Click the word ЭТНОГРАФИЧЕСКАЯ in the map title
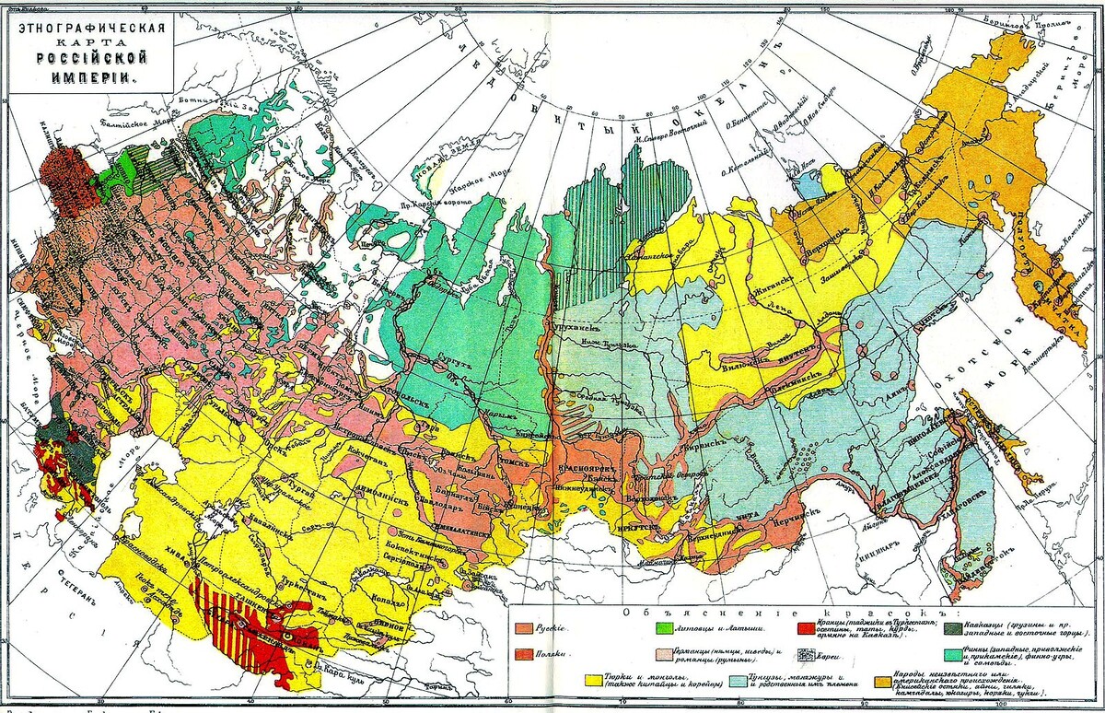tap(90, 24)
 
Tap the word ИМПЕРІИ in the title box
tap(90, 77)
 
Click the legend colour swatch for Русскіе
tap(527, 627)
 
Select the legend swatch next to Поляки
tap(527, 653)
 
